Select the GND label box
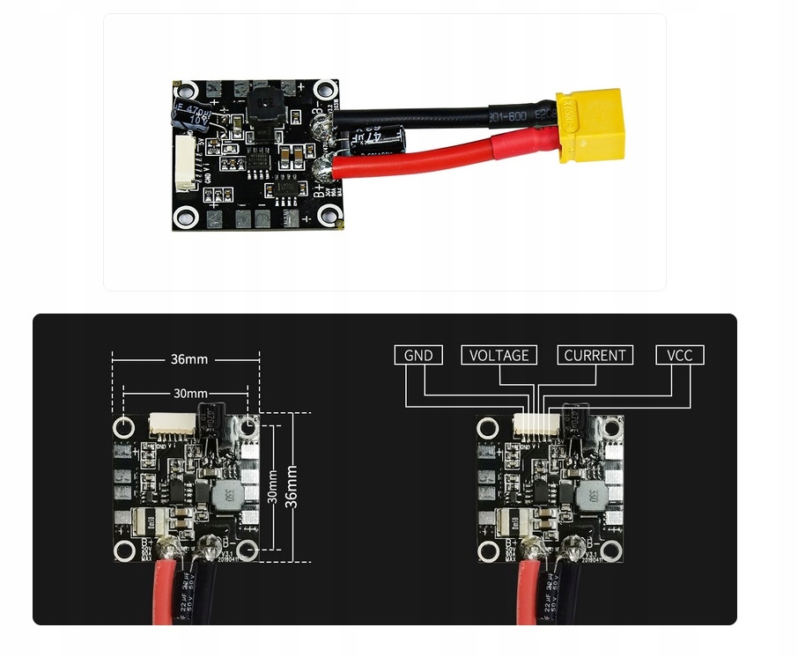(418, 355)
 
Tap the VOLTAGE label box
(499, 355)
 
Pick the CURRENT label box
(595, 355)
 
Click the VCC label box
(679, 355)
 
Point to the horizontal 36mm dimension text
(190, 359)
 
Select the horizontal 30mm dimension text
(190, 393)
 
